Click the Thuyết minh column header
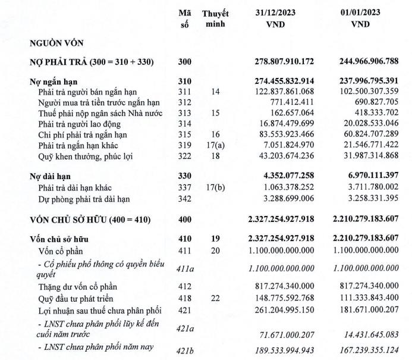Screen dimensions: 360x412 point(215,18)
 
